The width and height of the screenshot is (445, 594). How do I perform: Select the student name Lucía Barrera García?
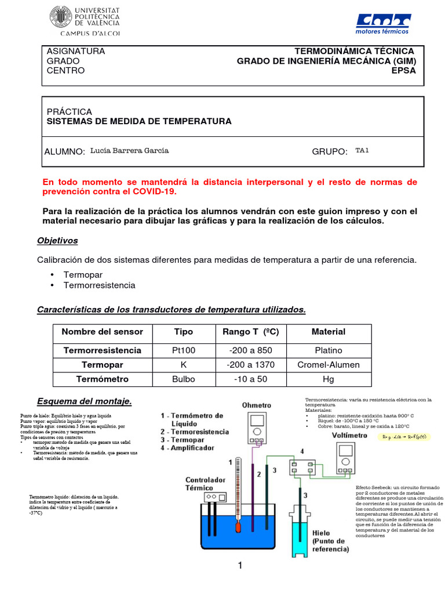[130, 151]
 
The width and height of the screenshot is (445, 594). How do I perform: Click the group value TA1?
[362, 151]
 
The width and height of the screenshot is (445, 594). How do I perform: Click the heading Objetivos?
[57, 240]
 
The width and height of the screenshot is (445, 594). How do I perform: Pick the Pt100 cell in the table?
[184, 350]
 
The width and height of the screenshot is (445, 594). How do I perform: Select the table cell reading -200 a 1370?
[251, 365]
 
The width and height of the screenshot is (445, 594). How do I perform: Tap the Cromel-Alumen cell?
[328, 365]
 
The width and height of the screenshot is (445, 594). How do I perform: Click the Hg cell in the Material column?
[328, 379]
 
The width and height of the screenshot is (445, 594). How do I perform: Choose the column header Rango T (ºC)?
[251, 332]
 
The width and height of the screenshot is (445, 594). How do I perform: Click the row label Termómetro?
[101, 379]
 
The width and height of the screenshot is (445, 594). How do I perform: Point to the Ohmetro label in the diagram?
[256, 405]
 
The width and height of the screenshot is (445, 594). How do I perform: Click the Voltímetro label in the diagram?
[350, 435]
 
